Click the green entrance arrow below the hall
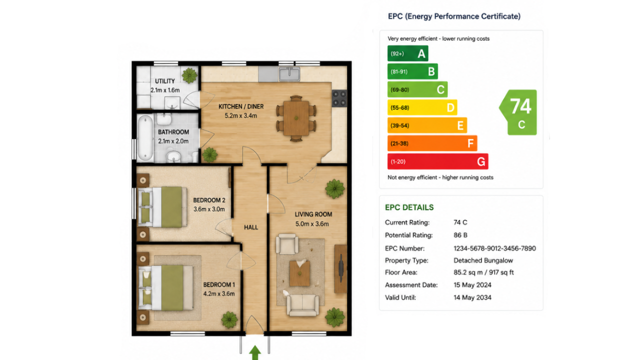255,353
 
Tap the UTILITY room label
165,81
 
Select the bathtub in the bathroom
145,137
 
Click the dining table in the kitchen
296,118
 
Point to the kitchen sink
289,73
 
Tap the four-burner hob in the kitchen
339,98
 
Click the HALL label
251,227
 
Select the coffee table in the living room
299,273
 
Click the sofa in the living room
302,305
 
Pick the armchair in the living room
287,243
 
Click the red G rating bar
437,161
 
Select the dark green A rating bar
407,53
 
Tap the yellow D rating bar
422,107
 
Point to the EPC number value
494,248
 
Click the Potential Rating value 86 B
460,235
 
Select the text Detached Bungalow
483,260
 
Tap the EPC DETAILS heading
409,207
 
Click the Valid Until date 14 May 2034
472,297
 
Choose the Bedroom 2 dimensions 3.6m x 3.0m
209,209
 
